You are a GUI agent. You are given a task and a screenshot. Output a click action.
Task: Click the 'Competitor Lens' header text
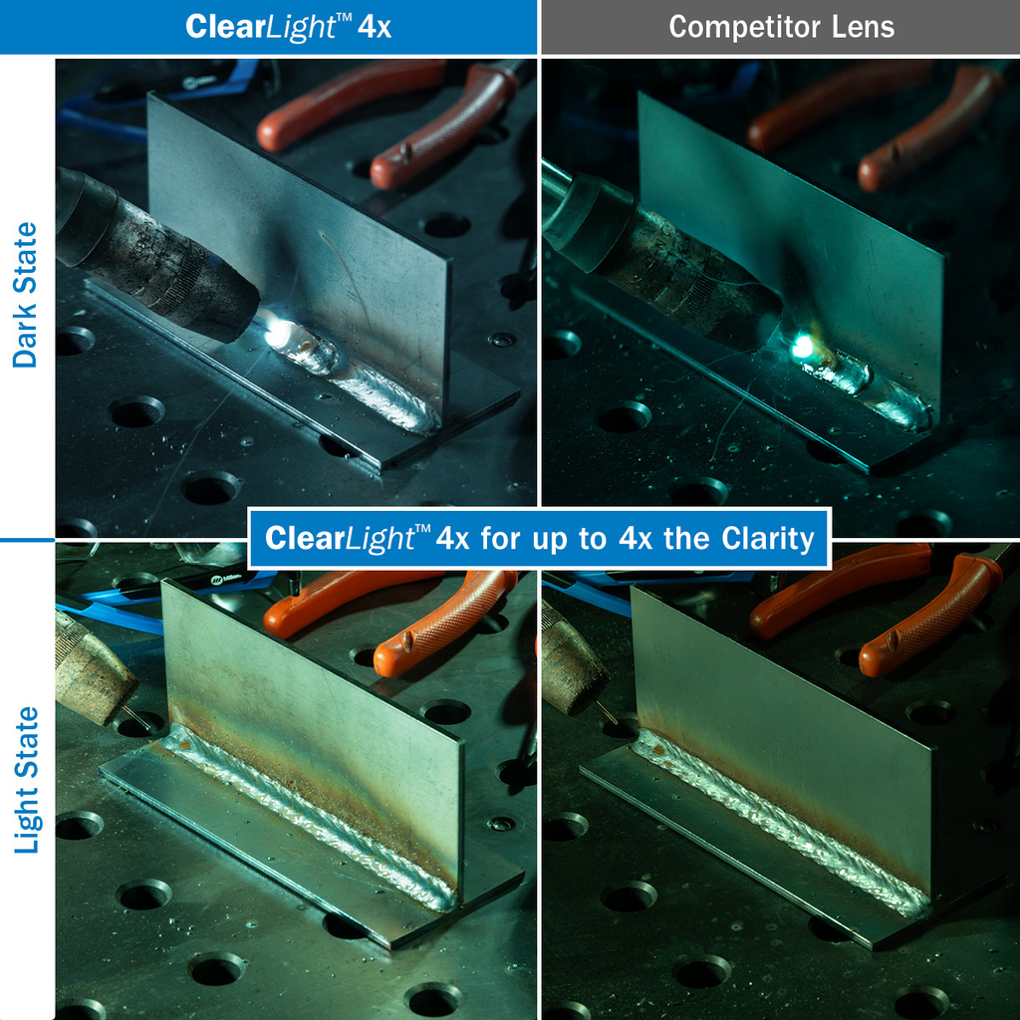781,27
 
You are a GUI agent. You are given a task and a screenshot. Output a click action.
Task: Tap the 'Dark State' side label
26,295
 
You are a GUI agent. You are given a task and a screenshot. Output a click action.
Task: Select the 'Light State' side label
27,779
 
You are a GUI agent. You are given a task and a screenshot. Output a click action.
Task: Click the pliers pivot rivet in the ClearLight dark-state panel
405,153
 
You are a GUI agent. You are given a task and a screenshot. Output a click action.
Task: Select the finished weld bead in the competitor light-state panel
787,818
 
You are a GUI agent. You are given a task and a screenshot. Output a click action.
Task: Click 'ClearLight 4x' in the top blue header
288,27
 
